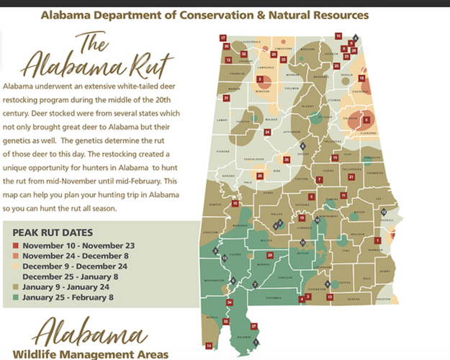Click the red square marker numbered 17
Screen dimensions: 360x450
tap(223, 37)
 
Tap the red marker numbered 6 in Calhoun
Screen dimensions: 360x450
tap(366, 120)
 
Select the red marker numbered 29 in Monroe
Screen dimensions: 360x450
tap(270, 255)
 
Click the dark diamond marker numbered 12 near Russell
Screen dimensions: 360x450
tap(384, 211)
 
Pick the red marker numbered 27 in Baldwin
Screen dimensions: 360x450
tap(253, 326)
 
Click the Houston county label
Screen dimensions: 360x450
tap(382, 299)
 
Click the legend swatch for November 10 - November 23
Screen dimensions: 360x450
tap(16, 246)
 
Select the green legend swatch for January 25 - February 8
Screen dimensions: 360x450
tap(16, 295)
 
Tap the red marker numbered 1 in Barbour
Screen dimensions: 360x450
tap(378, 240)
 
